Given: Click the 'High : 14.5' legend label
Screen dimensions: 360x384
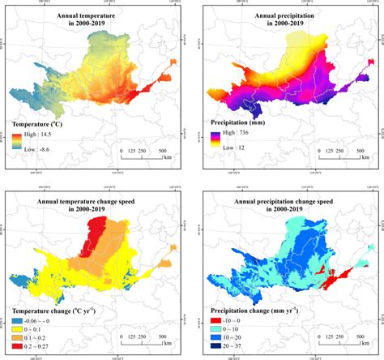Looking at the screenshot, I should point(40,136).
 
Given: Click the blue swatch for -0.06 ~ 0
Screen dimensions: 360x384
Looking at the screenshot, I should point(15,321).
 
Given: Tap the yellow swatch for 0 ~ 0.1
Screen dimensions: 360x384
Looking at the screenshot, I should point(15,330).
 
